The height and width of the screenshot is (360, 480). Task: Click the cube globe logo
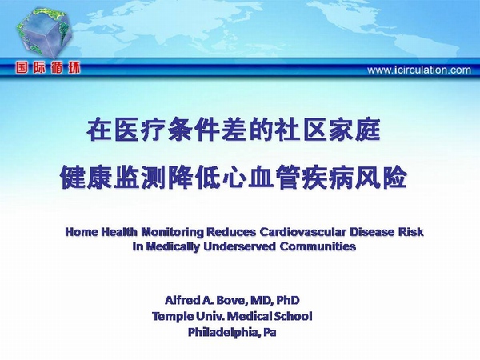44,32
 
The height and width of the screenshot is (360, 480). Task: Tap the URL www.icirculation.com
419,70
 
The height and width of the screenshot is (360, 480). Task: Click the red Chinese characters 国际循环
48,67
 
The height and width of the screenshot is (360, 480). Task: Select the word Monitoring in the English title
172,232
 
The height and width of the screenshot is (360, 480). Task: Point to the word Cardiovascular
302,232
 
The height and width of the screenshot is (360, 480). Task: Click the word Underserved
240,246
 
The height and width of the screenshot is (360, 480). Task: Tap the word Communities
318,246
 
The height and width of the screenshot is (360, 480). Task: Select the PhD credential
288,300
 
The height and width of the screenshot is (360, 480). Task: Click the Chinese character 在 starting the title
99,130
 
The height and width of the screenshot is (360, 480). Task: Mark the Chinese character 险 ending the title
395,178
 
